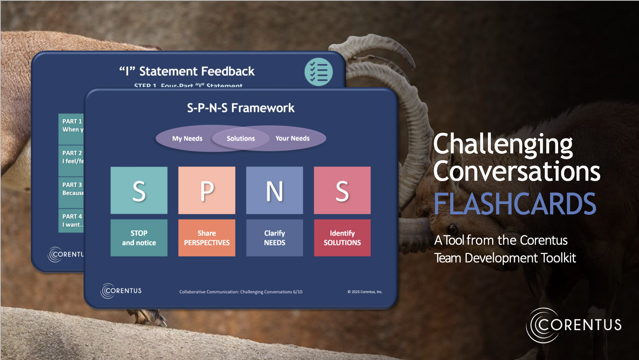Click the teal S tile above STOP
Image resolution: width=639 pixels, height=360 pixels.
coord(139,190)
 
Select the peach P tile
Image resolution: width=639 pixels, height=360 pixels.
coord(207,190)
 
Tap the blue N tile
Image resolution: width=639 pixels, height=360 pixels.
coord(274,190)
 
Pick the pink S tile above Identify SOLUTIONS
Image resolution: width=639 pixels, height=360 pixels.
coord(342,190)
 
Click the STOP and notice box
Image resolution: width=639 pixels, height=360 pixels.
coord(139,238)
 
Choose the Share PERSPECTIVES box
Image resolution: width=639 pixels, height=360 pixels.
coord(207,238)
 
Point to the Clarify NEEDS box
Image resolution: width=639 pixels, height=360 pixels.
coord(274,238)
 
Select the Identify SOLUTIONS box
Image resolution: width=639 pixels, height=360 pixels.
coord(342,238)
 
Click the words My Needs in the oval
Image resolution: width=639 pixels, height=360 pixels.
coord(187,138)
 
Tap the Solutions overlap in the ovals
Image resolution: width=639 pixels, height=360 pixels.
coord(241,138)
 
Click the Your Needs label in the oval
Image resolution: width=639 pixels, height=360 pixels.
coord(292,138)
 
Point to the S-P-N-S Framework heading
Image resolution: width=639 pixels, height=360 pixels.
coord(241,108)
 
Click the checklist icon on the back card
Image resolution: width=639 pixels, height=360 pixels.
coord(318,72)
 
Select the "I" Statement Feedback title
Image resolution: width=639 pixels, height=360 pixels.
coord(187,71)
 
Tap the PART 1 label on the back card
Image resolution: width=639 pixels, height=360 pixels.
coord(72,121)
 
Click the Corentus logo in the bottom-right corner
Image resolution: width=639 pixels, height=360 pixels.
coord(574,326)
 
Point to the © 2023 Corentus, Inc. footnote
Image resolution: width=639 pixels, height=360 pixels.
coord(365,292)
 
